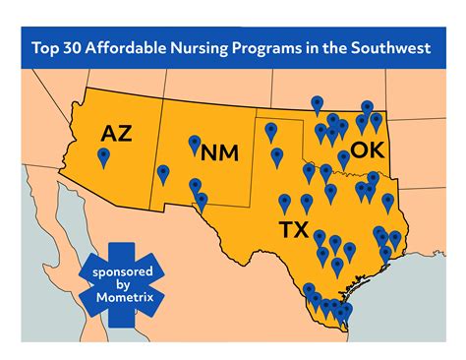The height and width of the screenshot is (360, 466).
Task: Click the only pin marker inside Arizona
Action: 104,156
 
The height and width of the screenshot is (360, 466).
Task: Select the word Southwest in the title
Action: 391,47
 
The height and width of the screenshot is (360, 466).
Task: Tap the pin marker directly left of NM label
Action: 194,144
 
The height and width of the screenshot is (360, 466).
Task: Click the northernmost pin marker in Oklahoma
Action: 317,103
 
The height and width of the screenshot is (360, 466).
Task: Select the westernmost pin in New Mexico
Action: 163,174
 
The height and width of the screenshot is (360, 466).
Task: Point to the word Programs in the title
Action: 294,47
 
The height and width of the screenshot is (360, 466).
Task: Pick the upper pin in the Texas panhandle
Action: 271,130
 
